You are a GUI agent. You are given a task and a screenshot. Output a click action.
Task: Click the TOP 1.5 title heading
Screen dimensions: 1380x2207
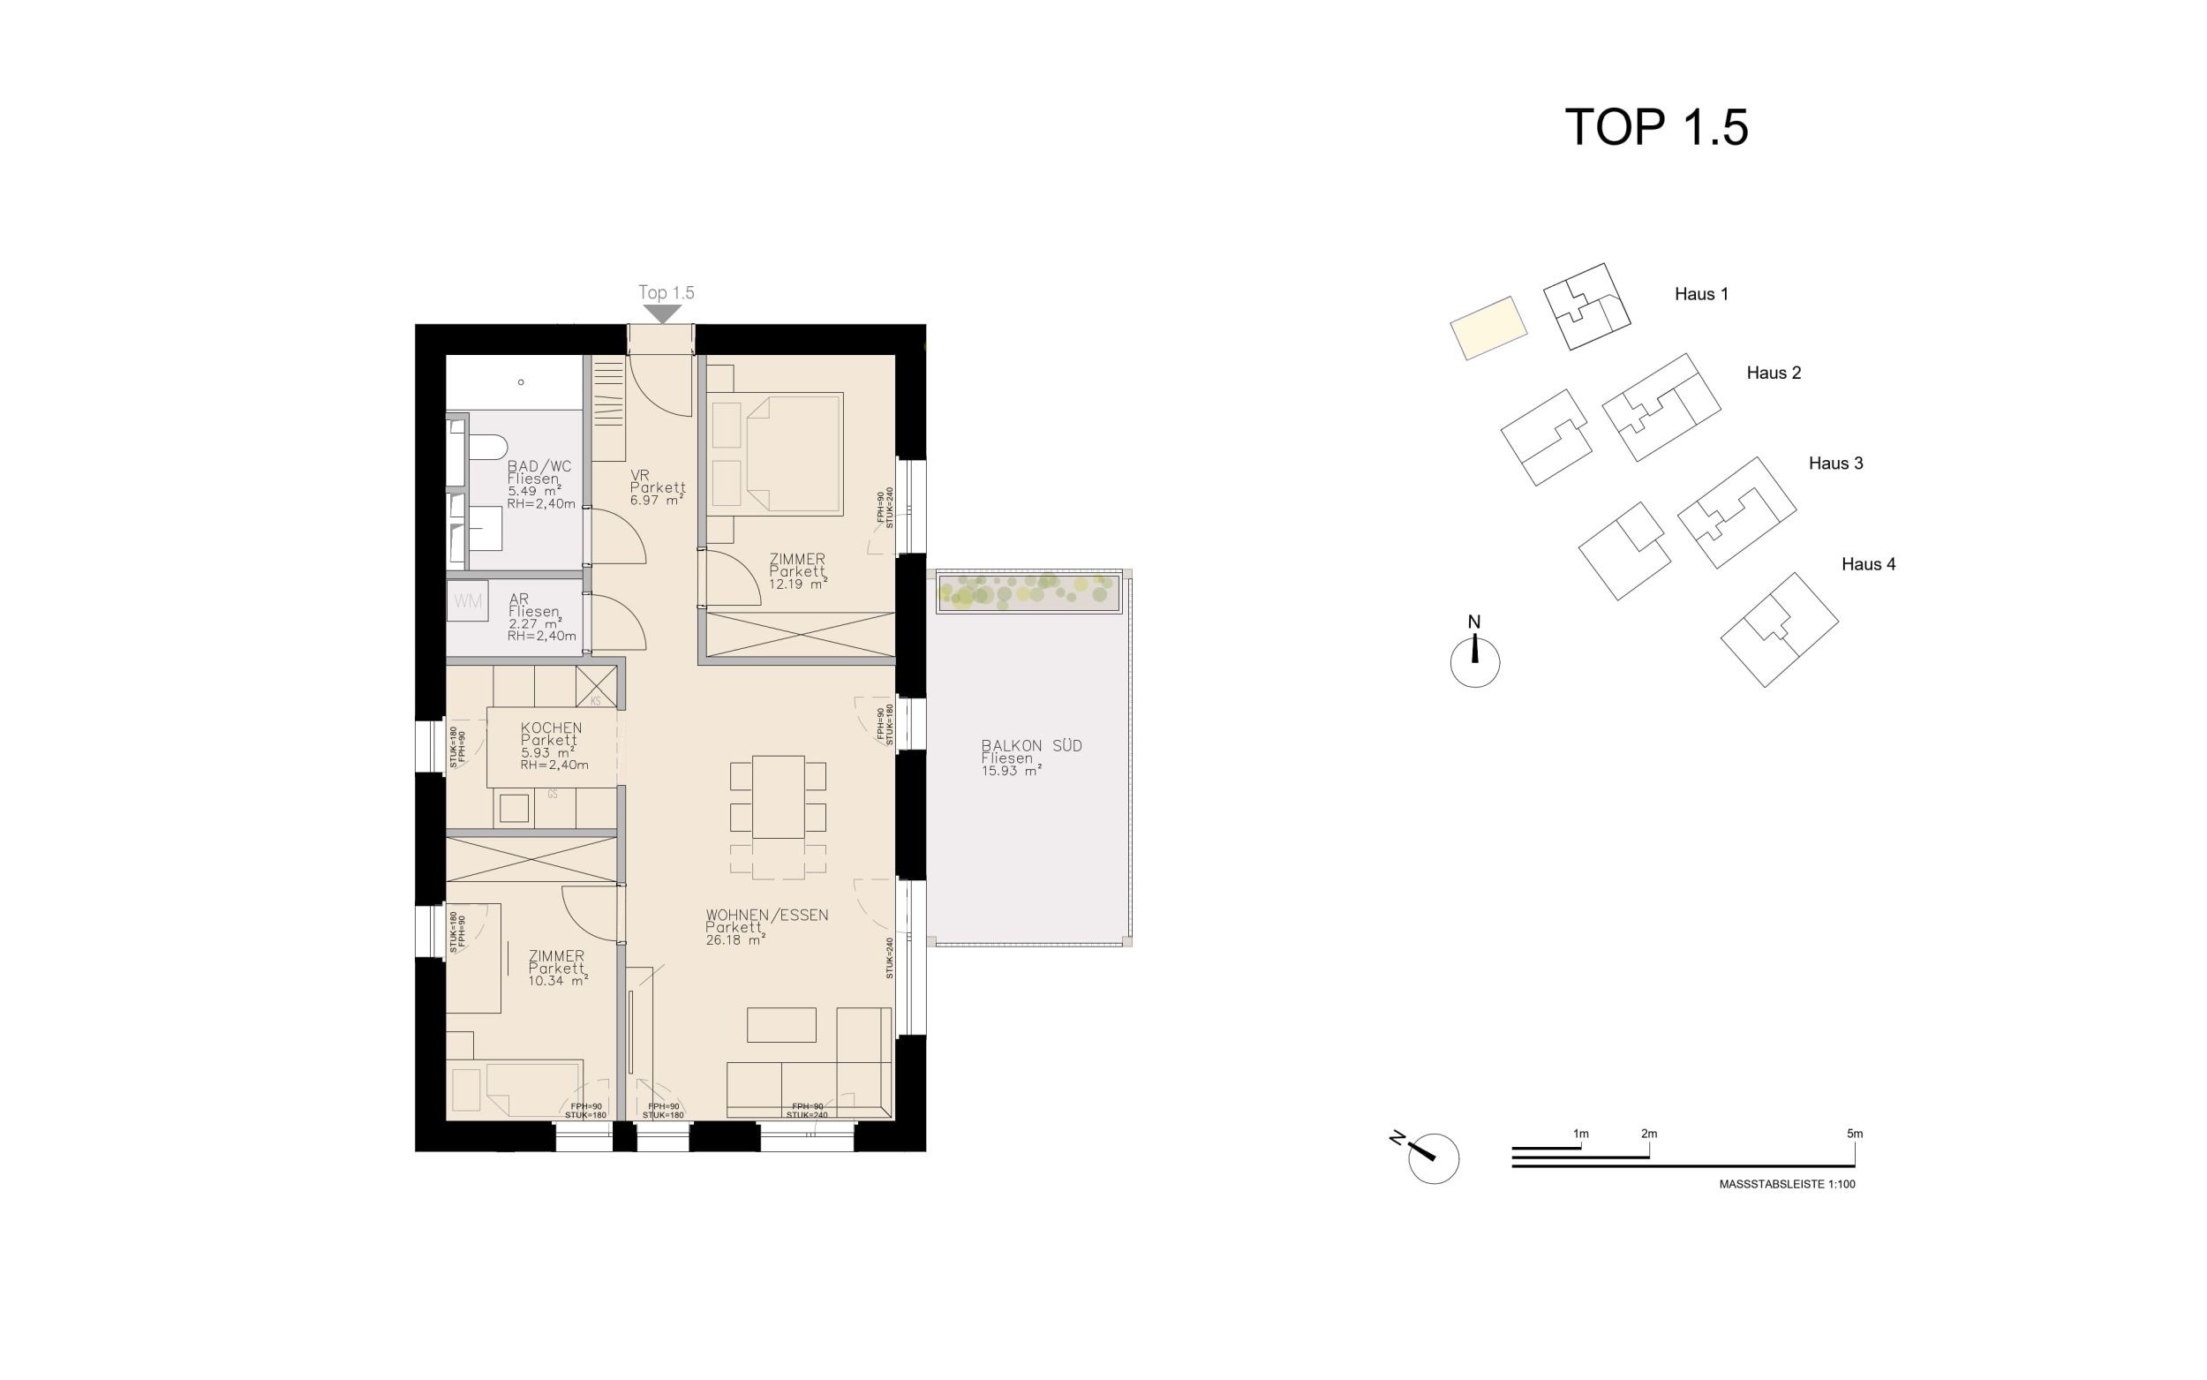pyautogui.click(x=1656, y=127)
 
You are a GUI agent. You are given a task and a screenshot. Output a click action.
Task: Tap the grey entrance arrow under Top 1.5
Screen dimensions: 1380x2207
pyautogui.click(x=662, y=313)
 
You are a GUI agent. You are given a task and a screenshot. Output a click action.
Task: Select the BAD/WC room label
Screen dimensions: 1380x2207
pyautogui.click(x=539, y=466)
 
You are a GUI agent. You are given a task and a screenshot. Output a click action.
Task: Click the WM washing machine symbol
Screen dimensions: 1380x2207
pyautogui.click(x=468, y=601)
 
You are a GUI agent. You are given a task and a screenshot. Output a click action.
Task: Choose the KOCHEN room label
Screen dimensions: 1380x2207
pyautogui.click(x=551, y=728)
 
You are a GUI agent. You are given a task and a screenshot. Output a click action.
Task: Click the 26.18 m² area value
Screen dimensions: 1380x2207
pyautogui.click(x=735, y=940)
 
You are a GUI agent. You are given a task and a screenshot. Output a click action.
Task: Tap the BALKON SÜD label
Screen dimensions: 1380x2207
pyautogui.click(x=1032, y=746)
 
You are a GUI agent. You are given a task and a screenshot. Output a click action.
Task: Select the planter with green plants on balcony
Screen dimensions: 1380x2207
pyautogui.click(x=1028, y=594)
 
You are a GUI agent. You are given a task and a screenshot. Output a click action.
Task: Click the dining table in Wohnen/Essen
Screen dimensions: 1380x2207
pyautogui.click(x=779, y=796)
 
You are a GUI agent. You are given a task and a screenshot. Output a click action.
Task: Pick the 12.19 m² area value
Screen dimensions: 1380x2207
pyautogui.click(x=797, y=584)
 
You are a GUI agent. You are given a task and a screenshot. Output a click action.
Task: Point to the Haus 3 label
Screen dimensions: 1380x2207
pyautogui.click(x=1835, y=464)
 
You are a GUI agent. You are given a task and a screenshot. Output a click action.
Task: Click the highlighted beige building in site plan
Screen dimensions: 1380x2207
pyautogui.click(x=1488, y=328)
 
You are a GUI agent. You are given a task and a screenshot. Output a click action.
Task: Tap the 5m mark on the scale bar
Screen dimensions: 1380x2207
pyautogui.click(x=1855, y=1134)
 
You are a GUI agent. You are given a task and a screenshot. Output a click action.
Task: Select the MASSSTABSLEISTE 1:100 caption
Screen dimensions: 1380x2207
pyautogui.click(x=1787, y=1184)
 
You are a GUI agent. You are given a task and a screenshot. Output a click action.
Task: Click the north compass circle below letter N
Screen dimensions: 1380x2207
pyautogui.click(x=1474, y=661)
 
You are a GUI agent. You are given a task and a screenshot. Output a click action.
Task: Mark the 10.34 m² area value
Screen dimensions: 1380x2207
pyautogui.click(x=557, y=981)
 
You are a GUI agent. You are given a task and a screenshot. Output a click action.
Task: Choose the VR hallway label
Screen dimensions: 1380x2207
pyautogui.click(x=639, y=476)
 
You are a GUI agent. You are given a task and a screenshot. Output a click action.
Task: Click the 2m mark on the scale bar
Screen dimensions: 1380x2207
pyautogui.click(x=1649, y=1134)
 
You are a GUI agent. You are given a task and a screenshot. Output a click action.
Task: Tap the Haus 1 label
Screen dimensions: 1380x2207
pyautogui.click(x=1700, y=294)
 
